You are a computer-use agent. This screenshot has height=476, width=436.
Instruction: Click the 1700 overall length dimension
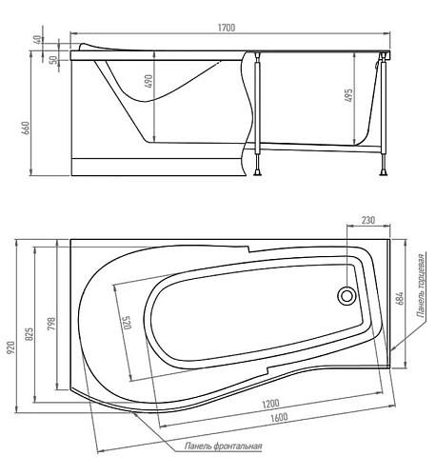227,28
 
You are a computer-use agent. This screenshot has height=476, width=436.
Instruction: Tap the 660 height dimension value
26,128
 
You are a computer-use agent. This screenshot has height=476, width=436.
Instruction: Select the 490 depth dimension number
149,81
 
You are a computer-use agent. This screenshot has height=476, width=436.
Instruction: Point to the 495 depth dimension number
348,95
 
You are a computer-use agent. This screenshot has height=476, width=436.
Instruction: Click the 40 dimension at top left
38,40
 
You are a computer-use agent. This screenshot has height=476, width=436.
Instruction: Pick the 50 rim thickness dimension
53,60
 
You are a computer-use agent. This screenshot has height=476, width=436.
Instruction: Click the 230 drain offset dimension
368,220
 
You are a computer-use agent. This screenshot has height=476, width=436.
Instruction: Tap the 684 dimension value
400,298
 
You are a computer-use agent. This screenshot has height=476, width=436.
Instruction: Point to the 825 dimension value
29,334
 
